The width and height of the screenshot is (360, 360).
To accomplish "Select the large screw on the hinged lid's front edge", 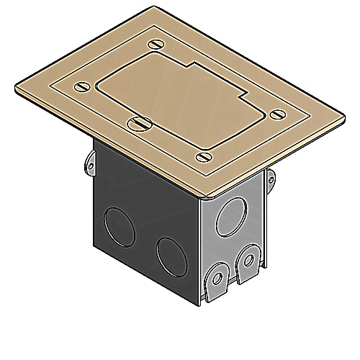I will tap(137, 123).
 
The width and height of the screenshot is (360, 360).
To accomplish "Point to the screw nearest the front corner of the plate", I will tap(202, 154).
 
